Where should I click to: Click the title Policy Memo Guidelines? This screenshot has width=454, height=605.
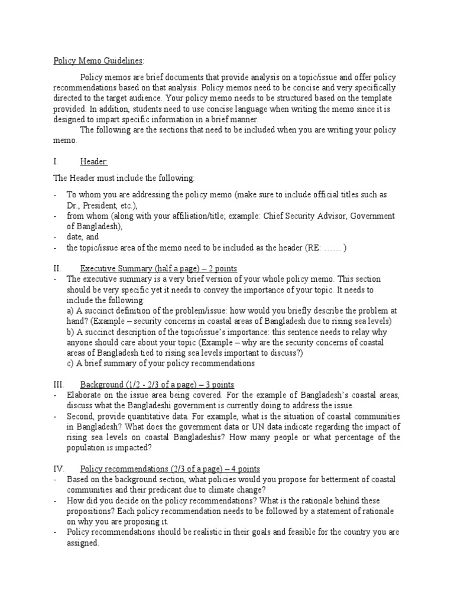(98, 61)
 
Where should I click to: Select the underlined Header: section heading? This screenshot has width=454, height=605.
(94, 161)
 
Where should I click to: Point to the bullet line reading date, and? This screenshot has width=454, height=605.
(82, 236)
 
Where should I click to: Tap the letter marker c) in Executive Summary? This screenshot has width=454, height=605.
(70, 363)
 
